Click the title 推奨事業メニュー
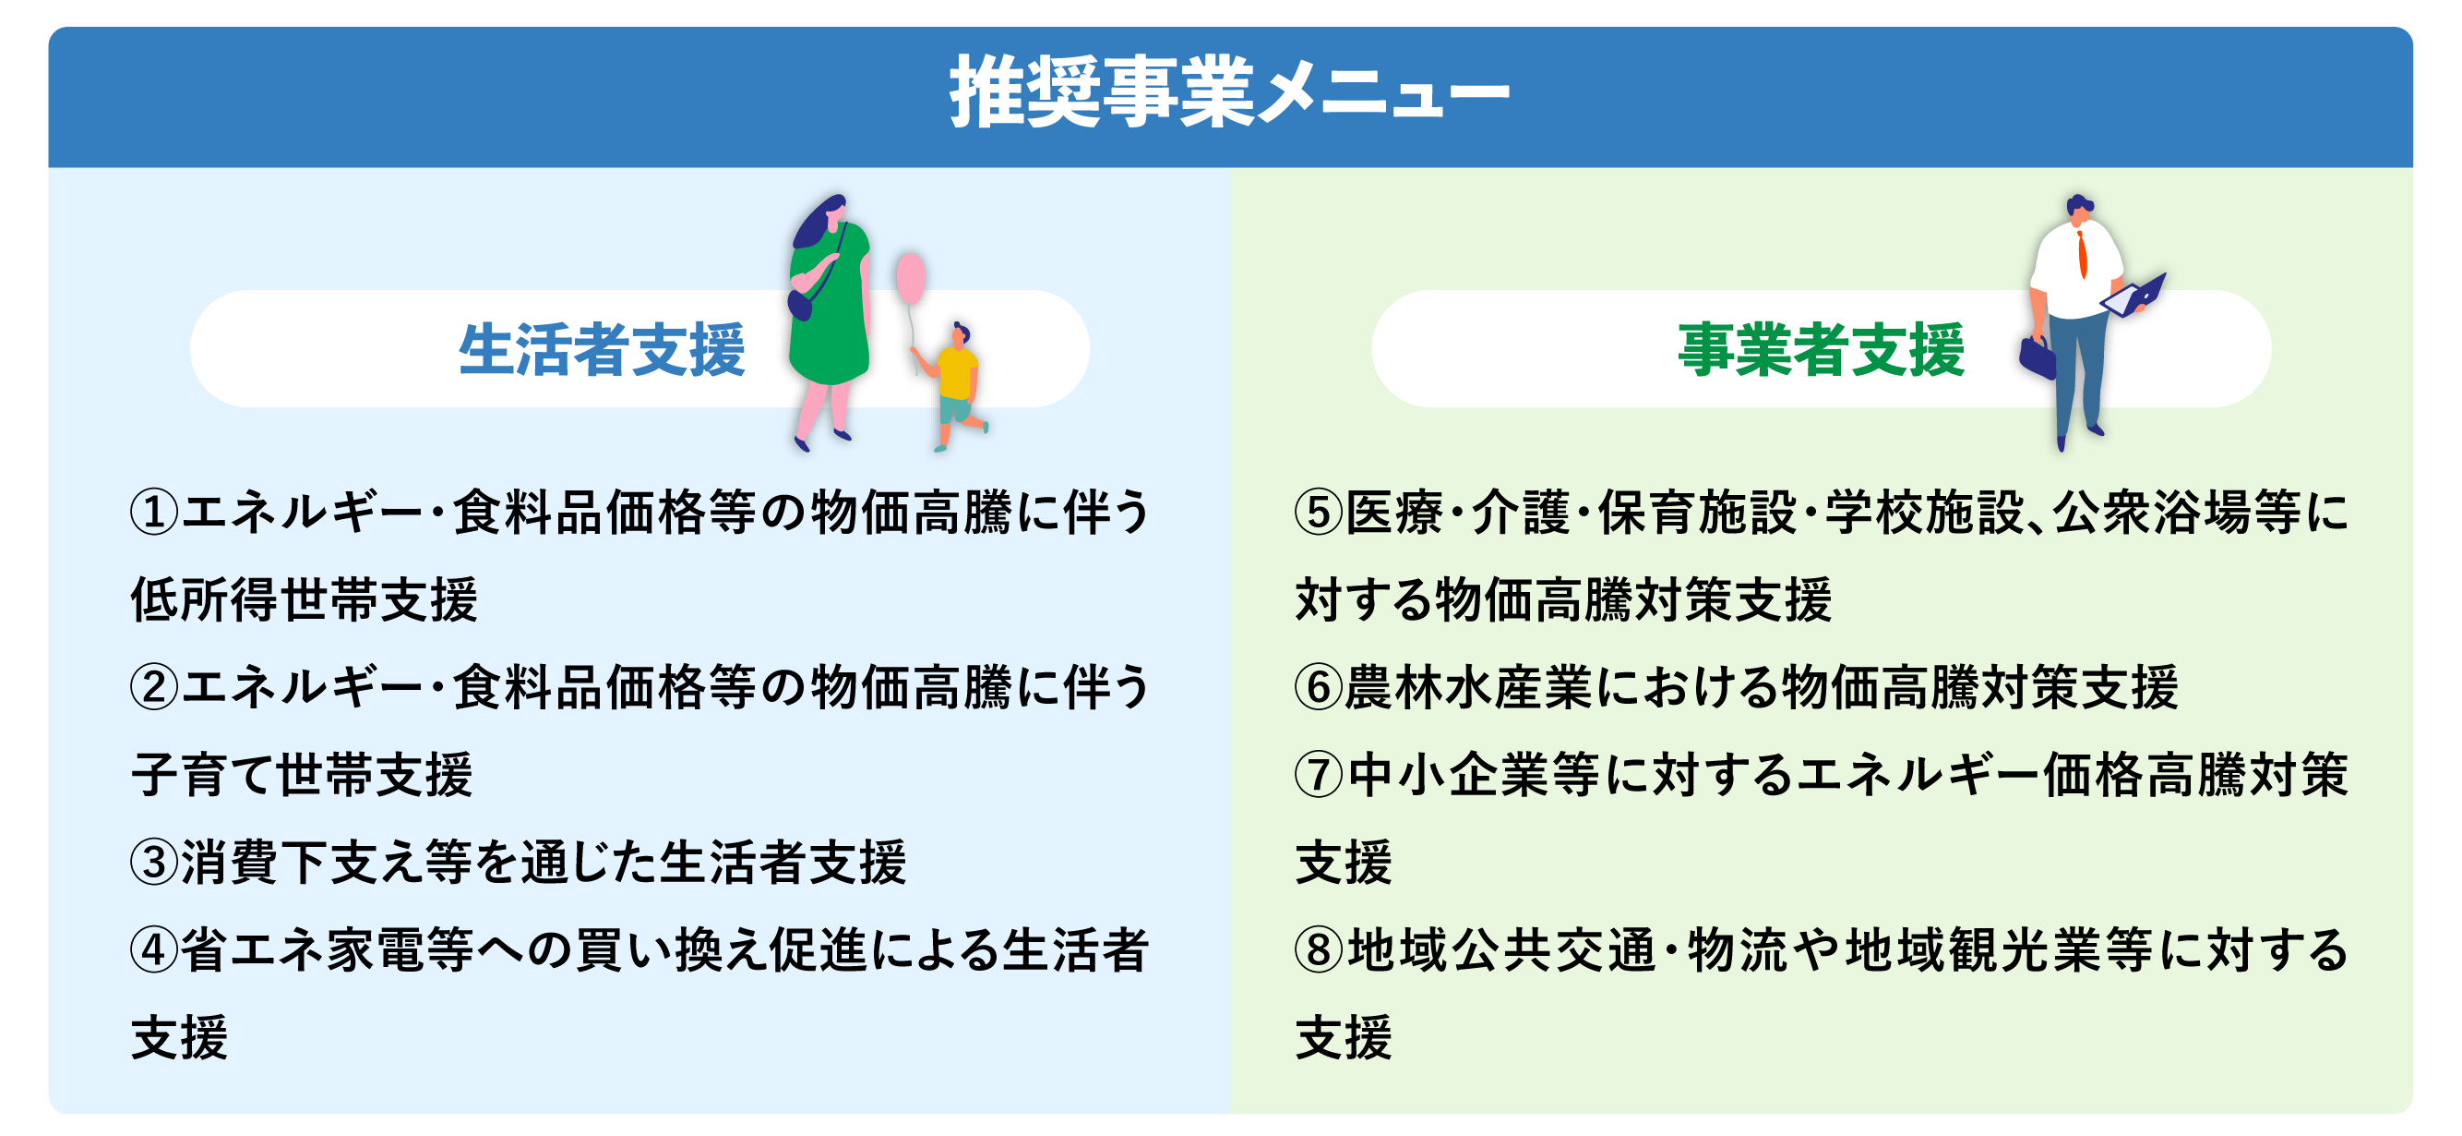[1230, 92]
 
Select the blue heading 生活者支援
[601, 350]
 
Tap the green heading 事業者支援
[1821, 350]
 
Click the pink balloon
[910, 278]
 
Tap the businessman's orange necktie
[2082, 254]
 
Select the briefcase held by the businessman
[2038, 358]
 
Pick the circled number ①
[154, 513]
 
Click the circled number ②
[154, 687]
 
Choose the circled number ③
[154, 863]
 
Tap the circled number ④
[154, 950]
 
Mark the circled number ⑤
[1319, 513]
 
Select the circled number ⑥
[1319, 687]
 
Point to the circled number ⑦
[1319, 776]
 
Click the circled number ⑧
[1319, 950]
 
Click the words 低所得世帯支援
[304, 600]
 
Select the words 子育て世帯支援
[302, 776]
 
